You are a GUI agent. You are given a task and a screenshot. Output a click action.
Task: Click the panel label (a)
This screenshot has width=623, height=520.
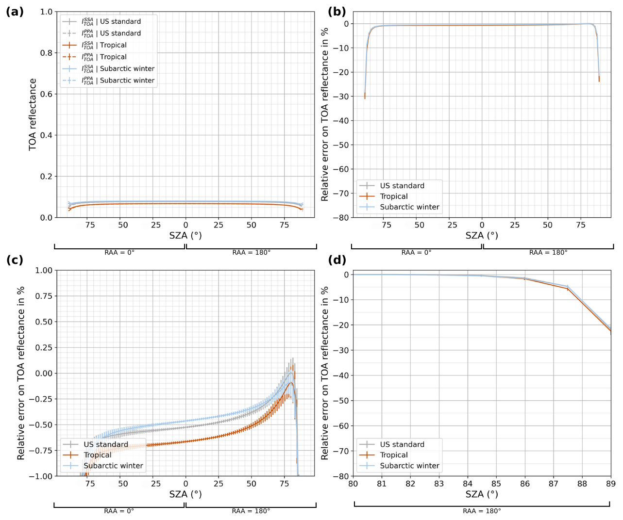(15, 12)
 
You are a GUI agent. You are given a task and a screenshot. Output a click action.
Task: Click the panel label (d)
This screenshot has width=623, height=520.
(337, 260)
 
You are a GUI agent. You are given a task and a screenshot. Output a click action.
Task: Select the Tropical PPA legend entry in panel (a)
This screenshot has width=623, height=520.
(113, 57)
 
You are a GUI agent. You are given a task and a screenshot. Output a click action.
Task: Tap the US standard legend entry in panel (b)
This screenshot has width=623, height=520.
(402, 186)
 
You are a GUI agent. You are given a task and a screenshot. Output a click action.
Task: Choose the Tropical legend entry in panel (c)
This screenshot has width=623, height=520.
(97, 455)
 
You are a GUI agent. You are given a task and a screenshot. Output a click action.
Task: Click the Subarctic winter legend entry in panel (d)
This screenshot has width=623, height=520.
(409, 466)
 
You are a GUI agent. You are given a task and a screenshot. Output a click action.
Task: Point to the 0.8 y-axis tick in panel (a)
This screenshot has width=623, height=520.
(46, 53)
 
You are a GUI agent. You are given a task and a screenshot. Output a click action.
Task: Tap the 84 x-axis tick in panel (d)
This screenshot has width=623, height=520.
(468, 484)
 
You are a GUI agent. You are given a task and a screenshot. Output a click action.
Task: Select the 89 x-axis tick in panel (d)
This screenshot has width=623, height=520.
(610, 484)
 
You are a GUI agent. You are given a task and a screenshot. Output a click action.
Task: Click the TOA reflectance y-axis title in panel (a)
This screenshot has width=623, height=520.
(33, 114)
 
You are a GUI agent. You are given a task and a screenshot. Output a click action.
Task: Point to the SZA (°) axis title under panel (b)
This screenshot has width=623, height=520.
(482, 236)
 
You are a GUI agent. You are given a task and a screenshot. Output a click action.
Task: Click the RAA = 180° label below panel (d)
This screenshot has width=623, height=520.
(482, 511)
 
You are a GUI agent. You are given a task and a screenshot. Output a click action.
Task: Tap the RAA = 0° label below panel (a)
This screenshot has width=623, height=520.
(119, 252)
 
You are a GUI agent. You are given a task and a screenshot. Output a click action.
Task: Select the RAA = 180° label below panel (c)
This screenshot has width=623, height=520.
(251, 511)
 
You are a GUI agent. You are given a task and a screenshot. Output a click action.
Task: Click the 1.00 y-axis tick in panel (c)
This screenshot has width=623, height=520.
(44, 271)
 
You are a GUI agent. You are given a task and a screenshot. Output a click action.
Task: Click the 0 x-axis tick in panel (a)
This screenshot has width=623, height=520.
(185, 225)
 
